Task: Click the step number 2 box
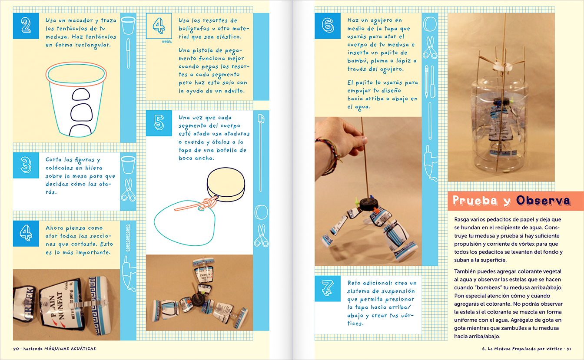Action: tap(26, 26)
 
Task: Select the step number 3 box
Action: tap(26, 165)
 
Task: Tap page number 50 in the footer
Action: tap(17, 348)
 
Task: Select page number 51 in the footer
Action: tap(568, 348)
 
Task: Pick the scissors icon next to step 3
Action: tap(128, 190)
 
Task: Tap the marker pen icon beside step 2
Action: tap(128, 53)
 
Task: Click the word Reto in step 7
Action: tap(355, 283)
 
